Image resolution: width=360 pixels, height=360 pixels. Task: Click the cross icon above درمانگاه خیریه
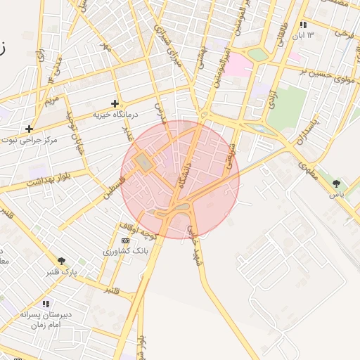coord(115,103)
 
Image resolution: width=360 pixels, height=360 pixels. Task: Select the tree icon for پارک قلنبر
coord(63,261)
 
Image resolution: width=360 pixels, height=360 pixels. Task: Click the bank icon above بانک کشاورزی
coord(125,240)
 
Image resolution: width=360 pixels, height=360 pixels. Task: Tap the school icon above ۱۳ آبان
coord(303,25)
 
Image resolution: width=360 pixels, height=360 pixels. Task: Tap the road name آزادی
coord(273,98)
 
